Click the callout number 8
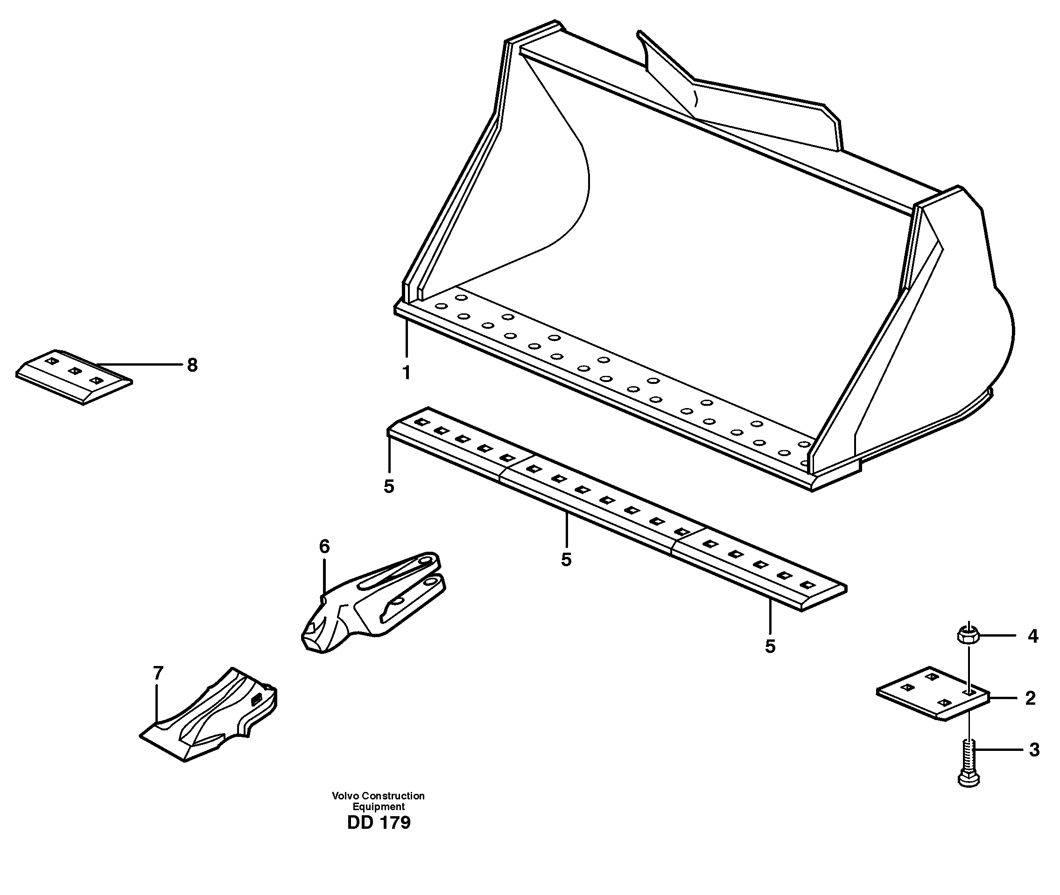[192, 365]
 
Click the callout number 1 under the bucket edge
[406, 373]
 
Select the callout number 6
[324, 547]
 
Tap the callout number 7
[158, 673]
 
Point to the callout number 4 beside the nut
[1032, 636]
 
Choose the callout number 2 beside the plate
[1030, 698]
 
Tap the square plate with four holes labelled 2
[933, 693]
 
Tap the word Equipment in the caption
[379, 807]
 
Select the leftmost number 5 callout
[389, 486]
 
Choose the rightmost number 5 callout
[770, 646]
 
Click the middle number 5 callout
[567, 560]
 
